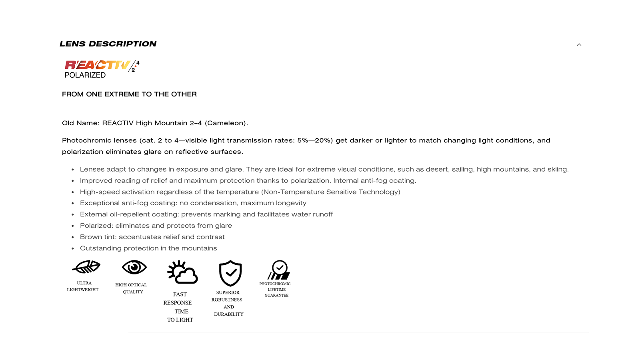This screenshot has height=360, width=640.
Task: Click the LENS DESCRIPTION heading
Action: click(108, 44)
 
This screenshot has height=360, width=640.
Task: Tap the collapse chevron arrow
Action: click(579, 45)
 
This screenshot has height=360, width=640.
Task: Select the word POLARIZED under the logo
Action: click(85, 75)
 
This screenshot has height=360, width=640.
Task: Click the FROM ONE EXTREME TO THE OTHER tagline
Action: click(129, 94)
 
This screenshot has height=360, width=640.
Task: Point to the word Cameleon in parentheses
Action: click(226, 123)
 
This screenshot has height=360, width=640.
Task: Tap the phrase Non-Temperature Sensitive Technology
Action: click(331, 192)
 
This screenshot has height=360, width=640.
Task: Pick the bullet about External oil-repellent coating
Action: click(206, 214)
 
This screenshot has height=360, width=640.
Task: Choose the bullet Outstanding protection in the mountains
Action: click(148, 248)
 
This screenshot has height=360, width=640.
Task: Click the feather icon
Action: click(86, 267)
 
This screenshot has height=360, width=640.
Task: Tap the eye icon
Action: click(134, 267)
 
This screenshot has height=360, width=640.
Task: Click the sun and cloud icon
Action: click(182, 272)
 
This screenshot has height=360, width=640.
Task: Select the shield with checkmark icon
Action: click(230, 273)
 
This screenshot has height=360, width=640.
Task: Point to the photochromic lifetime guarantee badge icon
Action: click(279, 270)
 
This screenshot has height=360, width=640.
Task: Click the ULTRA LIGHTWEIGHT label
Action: click(83, 286)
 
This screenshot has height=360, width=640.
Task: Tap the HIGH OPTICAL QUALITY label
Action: click(131, 288)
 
